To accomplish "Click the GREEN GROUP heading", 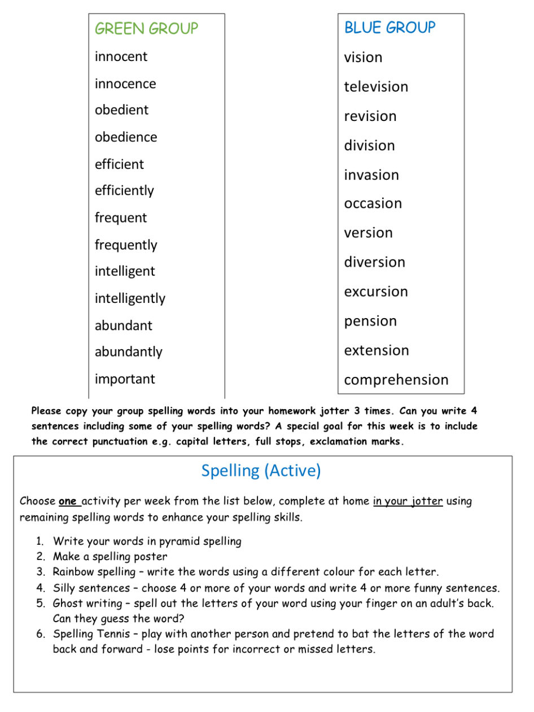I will [146, 29].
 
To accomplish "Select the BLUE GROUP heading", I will [389, 28].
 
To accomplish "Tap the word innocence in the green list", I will [125, 84].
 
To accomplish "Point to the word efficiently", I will [124, 191].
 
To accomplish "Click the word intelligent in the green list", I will [125, 272].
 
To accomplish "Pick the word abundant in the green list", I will [124, 325].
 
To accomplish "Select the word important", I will [125, 379].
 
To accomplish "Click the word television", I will [376, 87].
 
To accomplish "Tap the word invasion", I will [371, 175].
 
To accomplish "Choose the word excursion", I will [376, 292].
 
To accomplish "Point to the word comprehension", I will [396, 380].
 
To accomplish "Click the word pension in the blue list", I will [370, 322].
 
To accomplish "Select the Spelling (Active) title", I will [261, 471].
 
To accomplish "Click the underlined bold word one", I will [69, 501].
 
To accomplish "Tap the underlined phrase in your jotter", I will [408, 501].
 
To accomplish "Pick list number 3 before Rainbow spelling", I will [41, 572].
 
